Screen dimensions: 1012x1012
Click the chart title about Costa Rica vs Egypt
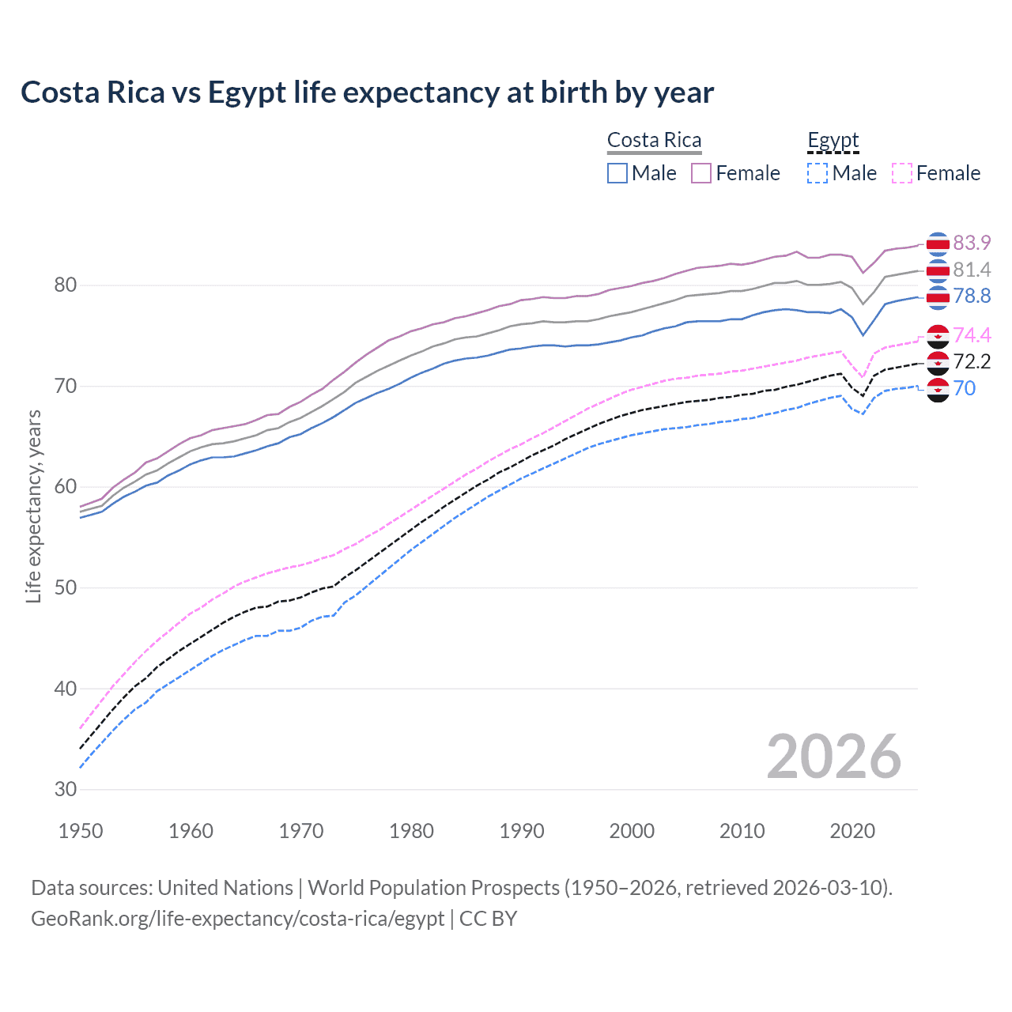pyautogui.click(x=367, y=93)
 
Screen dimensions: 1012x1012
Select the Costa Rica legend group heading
pyautogui.click(x=654, y=141)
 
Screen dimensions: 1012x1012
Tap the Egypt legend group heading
pyautogui.click(x=833, y=141)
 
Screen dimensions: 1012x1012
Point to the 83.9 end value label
pyautogui.click(x=972, y=243)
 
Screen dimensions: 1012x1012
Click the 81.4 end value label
pyautogui.click(x=972, y=270)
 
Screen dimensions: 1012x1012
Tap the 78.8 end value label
pyautogui.click(x=972, y=296)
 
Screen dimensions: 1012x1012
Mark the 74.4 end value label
pyautogui.click(x=972, y=335)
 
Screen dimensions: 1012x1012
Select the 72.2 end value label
pyautogui.click(x=972, y=362)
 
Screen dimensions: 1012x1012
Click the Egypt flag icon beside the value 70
pyautogui.click(x=938, y=389)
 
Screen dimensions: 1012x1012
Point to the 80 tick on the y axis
pyautogui.click(x=65, y=285)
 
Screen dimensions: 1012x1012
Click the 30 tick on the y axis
pyautogui.click(x=65, y=789)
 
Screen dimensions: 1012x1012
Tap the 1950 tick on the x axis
pyautogui.click(x=81, y=831)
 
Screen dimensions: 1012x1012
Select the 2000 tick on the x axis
pyautogui.click(x=632, y=831)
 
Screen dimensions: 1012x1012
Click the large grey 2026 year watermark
pyautogui.click(x=834, y=757)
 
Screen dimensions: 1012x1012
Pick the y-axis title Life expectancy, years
pyautogui.click(x=33, y=506)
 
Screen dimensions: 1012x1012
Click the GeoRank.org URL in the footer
pyautogui.click(x=237, y=919)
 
